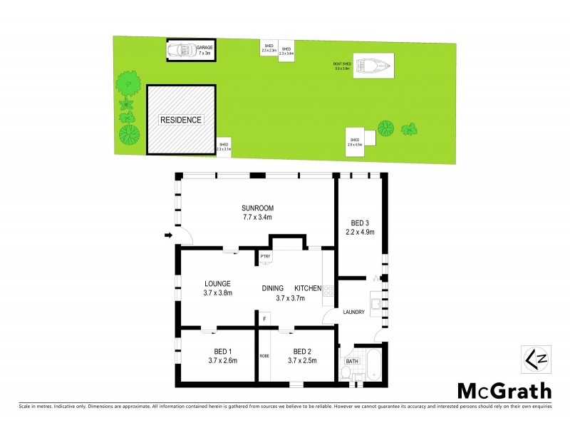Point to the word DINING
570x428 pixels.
[x=273, y=287]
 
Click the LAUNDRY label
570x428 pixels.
[x=354, y=312]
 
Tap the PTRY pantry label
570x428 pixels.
[x=265, y=257]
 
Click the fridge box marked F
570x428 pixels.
[x=265, y=319]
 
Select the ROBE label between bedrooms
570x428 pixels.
[x=264, y=355]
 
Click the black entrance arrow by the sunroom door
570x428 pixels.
[x=168, y=235]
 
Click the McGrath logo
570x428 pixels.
[x=504, y=390]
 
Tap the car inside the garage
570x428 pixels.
[x=181, y=50]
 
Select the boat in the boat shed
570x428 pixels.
[x=374, y=67]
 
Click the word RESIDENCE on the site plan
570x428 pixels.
[x=180, y=120]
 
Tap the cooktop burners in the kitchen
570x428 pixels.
[x=329, y=290]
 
